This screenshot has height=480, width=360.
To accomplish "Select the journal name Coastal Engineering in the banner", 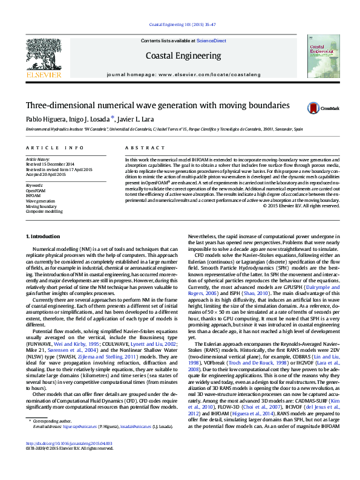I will (183, 56).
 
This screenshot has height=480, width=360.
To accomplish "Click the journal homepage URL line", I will (183, 73).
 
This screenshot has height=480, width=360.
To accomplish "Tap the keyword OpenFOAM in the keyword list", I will (36, 190).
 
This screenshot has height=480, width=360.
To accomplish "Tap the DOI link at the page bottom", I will (62, 460).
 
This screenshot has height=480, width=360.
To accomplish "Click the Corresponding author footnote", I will (53, 437).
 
